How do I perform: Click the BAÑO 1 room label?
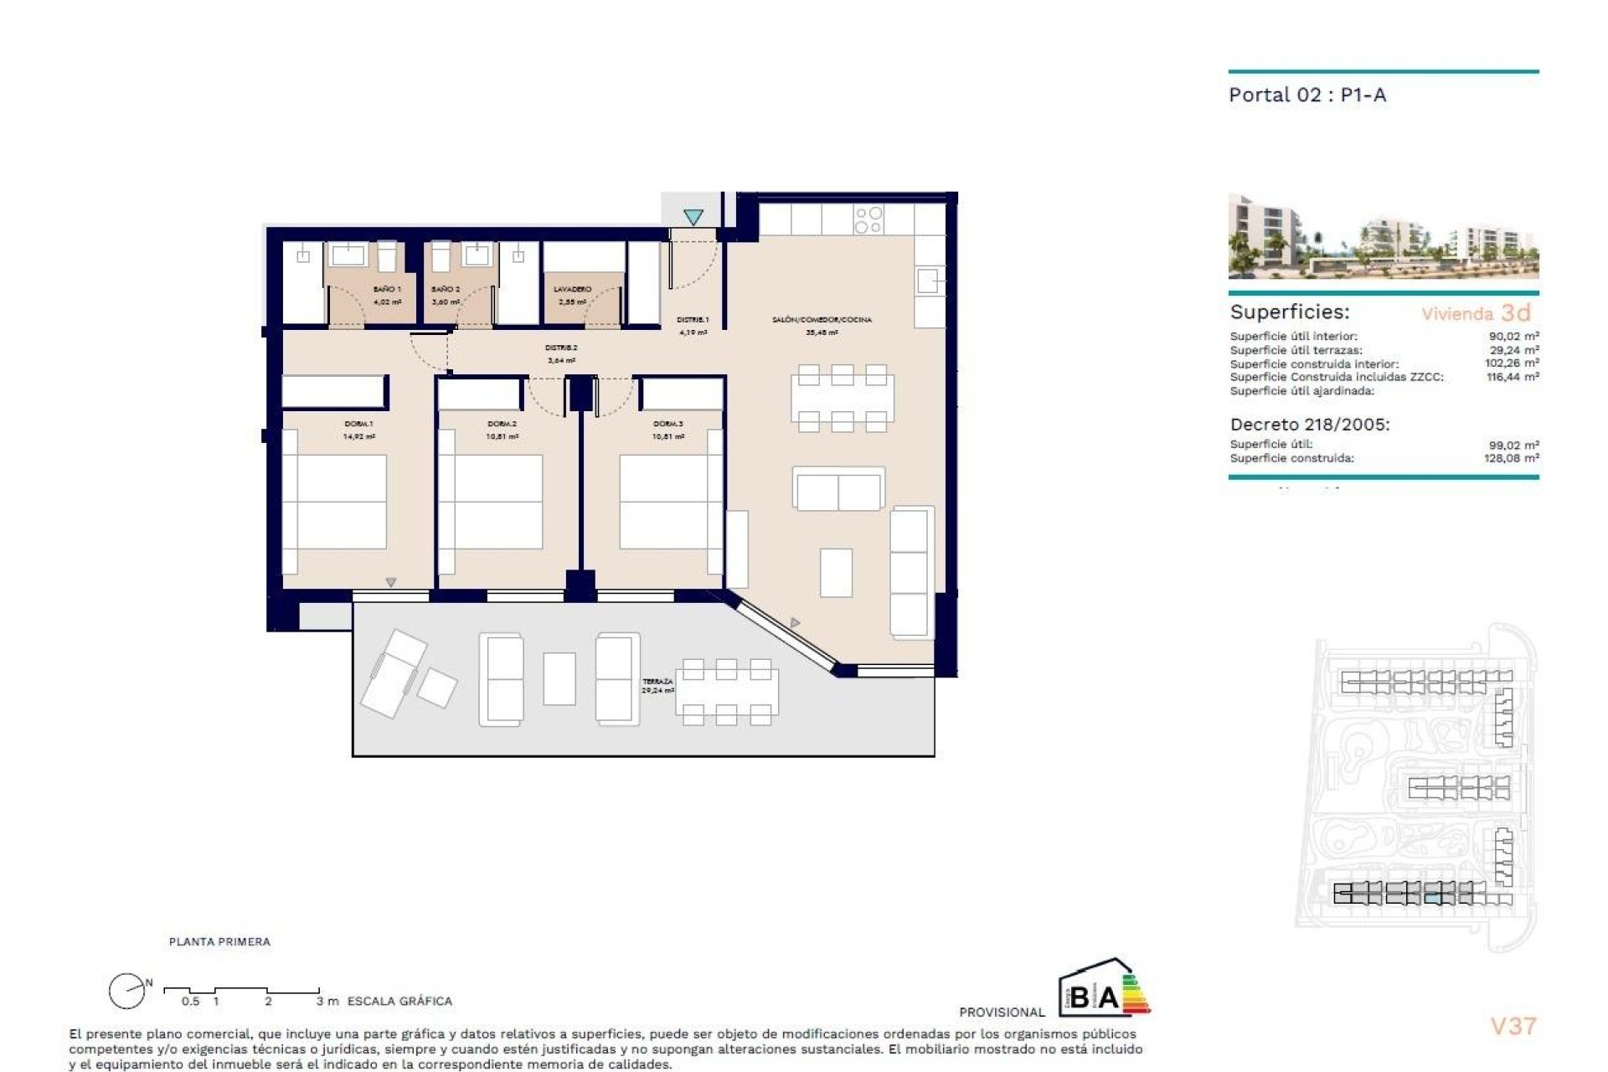(387, 289)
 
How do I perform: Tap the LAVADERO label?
(572, 289)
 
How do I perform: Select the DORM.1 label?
(358, 424)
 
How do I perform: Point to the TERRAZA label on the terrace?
(657, 682)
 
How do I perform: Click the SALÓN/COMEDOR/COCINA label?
(822, 319)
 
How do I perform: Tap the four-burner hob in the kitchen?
(868, 220)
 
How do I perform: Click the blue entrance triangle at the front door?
(693, 217)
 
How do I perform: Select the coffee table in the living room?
(836, 573)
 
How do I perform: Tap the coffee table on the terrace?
(559, 678)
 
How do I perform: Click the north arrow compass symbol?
(126, 992)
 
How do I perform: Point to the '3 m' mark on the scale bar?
(327, 1001)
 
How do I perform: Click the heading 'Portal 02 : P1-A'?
(1306, 95)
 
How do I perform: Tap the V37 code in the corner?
(1513, 1026)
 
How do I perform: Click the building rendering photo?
(1383, 237)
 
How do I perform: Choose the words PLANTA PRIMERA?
(219, 941)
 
